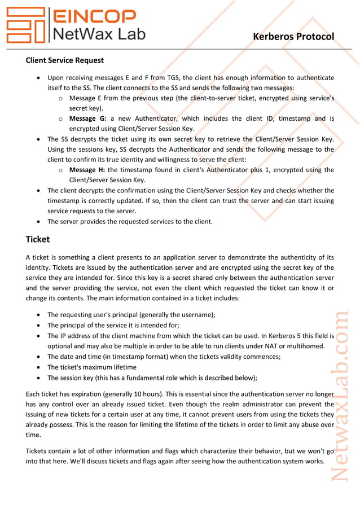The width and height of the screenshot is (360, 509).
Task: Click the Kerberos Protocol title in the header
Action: coord(293,37)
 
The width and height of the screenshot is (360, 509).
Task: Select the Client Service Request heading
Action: coord(64,60)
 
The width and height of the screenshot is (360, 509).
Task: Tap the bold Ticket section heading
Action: coord(37,239)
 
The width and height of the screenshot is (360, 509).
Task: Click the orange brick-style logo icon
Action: coord(25,25)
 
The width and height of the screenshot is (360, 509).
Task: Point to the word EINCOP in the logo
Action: coord(94,16)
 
